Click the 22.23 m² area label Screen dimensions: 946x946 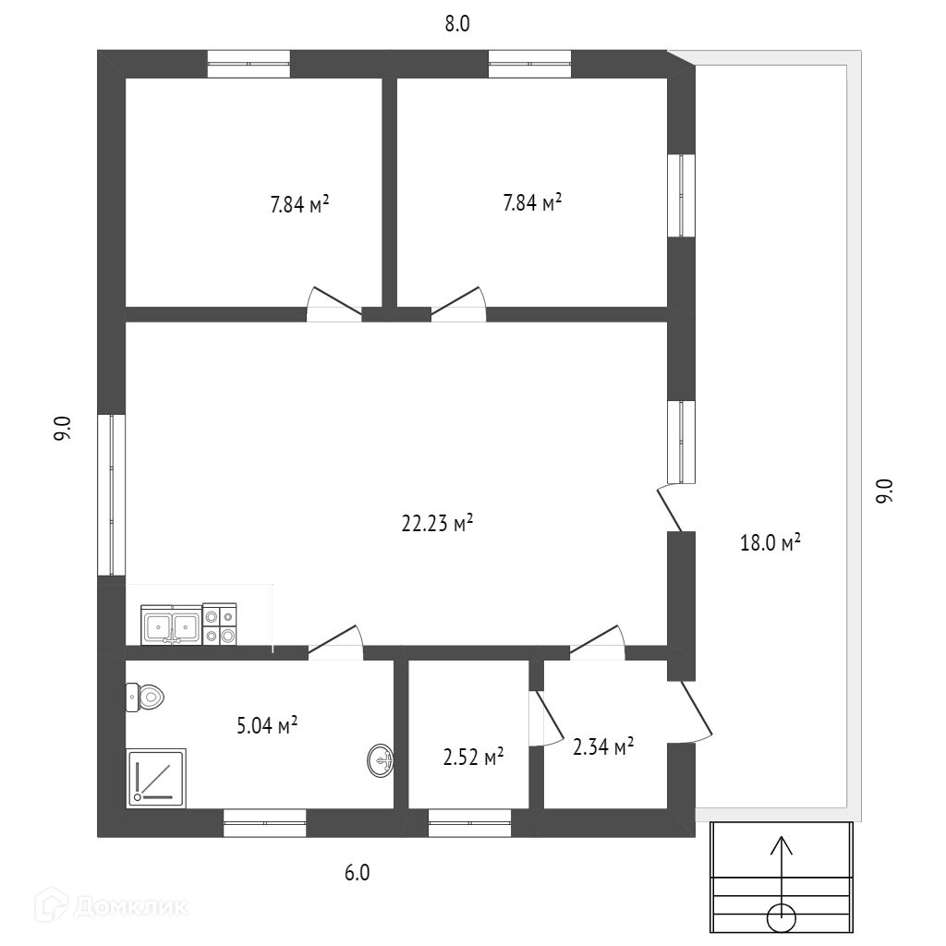pos(437,525)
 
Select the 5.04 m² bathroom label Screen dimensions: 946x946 pos(267,726)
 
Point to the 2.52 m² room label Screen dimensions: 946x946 pos(473,758)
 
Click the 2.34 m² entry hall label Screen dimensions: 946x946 pos(602,746)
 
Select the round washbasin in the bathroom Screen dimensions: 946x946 pos(381,761)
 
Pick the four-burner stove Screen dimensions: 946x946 pos(220,624)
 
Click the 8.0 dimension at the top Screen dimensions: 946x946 pos(457,25)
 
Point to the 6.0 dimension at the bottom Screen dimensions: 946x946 pos(358,872)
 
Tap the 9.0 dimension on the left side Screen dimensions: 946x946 pos(62,430)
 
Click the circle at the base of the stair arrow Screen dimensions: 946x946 pos(782,917)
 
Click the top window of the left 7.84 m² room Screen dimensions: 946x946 pos(249,64)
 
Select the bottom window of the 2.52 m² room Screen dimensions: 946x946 pos(469,822)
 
